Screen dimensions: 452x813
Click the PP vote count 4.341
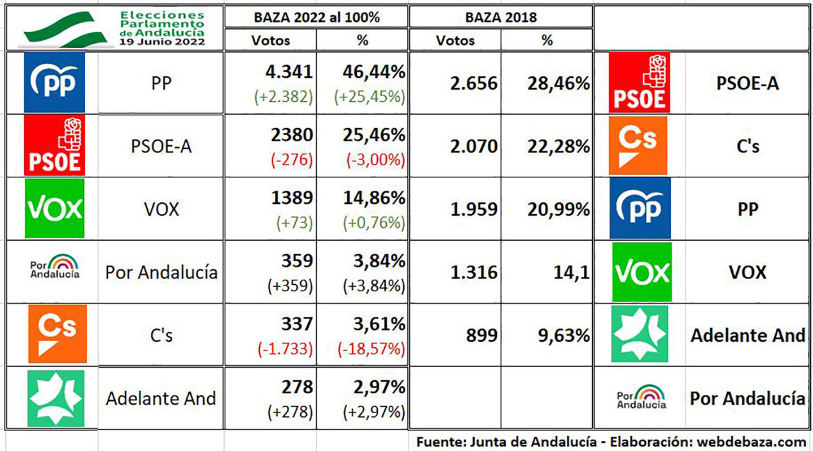click(x=289, y=72)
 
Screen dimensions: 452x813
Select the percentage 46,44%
click(x=374, y=72)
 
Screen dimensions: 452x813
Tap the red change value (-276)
click(x=292, y=160)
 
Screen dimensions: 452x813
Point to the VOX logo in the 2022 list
click(x=55, y=208)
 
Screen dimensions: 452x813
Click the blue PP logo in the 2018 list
click(x=640, y=208)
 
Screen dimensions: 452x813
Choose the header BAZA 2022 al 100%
click(x=316, y=17)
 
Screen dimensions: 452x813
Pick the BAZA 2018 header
click(x=500, y=17)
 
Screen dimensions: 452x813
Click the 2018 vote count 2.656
click(x=474, y=84)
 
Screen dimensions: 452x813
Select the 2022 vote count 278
click(x=297, y=387)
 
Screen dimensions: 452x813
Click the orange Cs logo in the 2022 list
click(x=57, y=333)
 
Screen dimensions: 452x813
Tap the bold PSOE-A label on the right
click(x=748, y=84)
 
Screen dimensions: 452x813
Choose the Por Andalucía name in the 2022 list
click(x=161, y=272)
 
